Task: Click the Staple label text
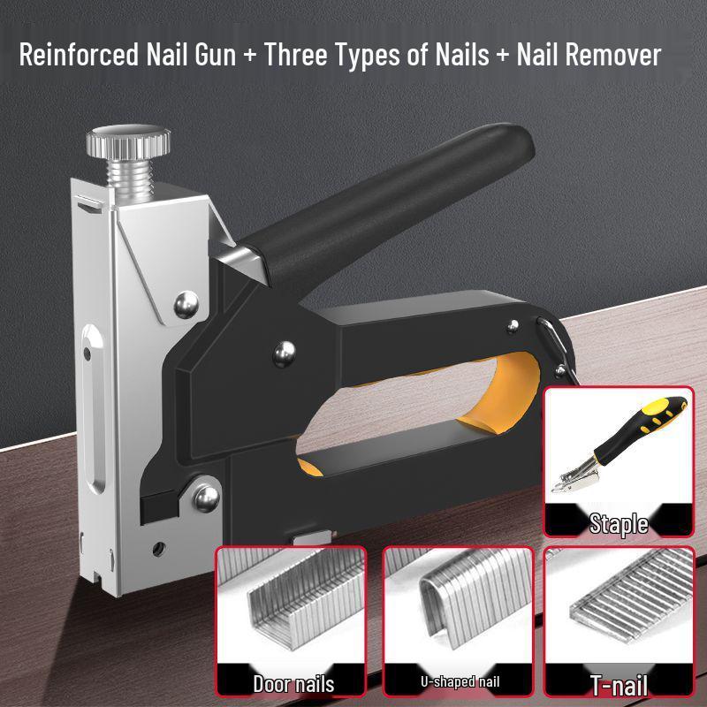tap(619, 523)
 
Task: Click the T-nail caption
tap(619, 684)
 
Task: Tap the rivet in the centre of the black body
tap(284, 353)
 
